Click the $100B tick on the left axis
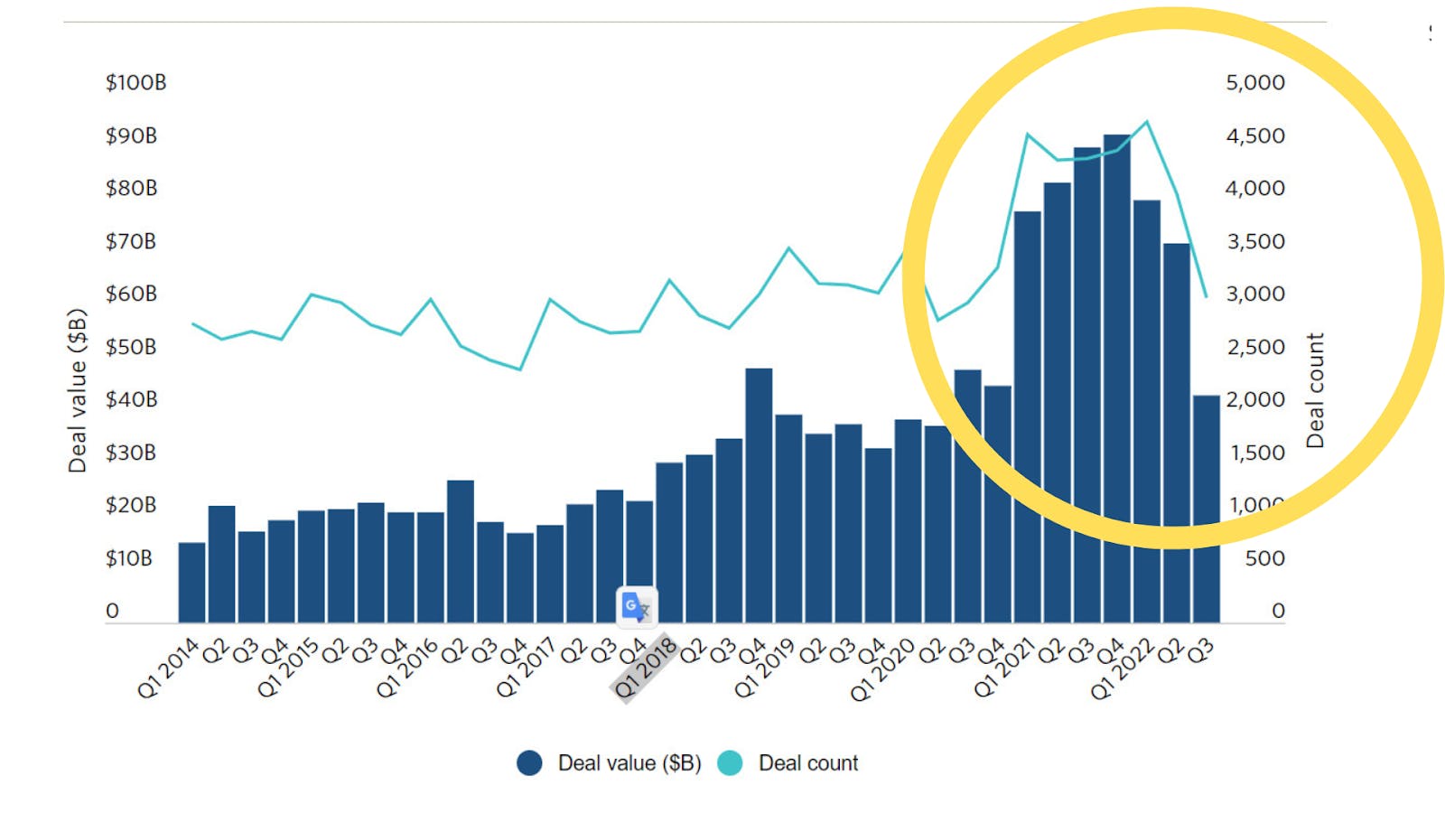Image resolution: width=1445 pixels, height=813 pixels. (135, 82)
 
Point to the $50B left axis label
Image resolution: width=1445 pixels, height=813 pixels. (131, 347)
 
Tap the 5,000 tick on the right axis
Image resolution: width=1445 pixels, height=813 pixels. (1254, 82)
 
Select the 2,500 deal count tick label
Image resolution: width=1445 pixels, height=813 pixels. (1254, 347)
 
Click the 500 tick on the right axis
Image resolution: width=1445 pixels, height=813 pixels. (1264, 558)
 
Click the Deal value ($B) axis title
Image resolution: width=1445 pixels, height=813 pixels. (78, 390)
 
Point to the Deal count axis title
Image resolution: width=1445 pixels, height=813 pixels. (1315, 390)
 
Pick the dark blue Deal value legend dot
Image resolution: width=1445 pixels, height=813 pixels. (529, 763)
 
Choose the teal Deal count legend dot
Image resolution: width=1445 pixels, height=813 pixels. (730, 763)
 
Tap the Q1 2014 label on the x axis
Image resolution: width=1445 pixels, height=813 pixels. (168, 668)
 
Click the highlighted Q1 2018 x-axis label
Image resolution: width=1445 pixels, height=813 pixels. (645, 668)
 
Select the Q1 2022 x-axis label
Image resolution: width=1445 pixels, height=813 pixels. (1122, 668)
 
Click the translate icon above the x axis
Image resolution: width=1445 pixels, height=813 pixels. (637, 606)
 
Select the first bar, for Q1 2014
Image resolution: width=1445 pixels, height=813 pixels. (191, 583)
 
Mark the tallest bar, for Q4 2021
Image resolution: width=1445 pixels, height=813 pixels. (1116, 379)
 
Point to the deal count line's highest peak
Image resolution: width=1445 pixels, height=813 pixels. (1147, 122)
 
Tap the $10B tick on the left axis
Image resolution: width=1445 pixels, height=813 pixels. (129, 558)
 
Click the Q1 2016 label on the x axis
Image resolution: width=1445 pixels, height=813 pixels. (406, 668)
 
